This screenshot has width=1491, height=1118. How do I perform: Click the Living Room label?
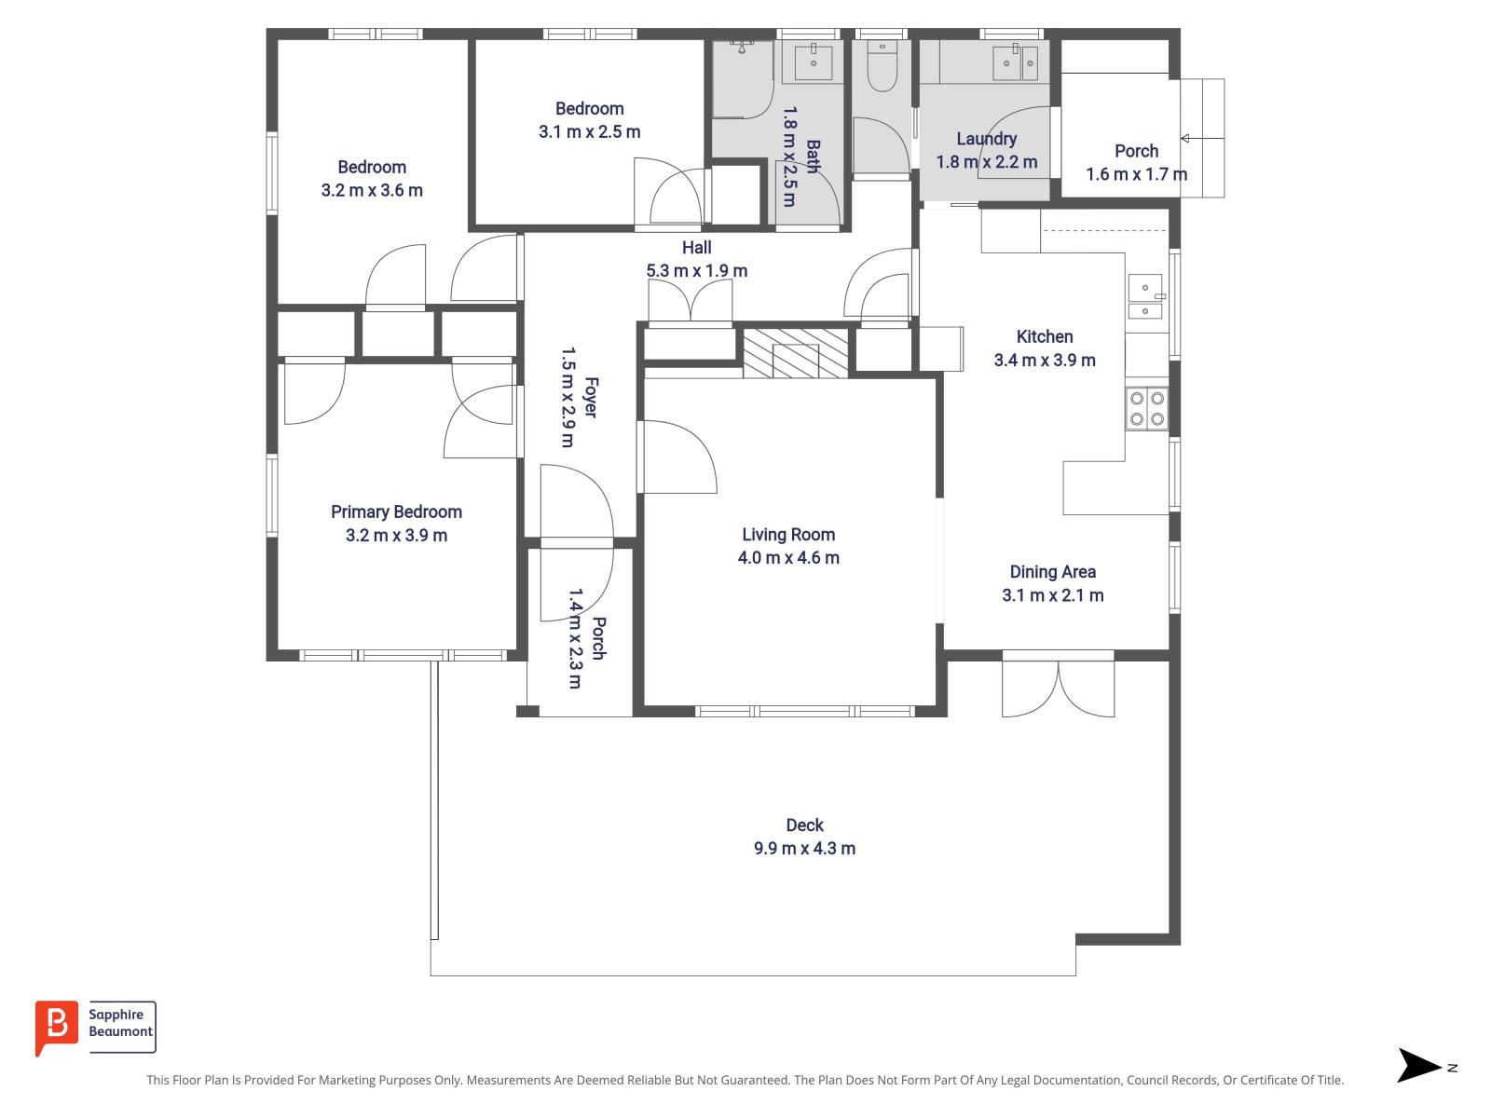click(788, 535)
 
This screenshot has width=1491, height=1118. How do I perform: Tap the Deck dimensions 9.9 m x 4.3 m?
click(804, 849)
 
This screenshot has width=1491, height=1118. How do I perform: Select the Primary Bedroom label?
click(396, 511)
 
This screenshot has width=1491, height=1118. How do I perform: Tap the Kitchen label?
click(1044, 336)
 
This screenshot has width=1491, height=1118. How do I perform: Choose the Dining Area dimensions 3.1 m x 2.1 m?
click(1052, 595)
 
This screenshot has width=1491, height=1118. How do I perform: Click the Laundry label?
click(986, 139)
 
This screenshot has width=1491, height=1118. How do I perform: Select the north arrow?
click(1419, 1066)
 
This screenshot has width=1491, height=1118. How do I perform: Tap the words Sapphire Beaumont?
click(120, 1024)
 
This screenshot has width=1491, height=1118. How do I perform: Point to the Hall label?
click(696, 247)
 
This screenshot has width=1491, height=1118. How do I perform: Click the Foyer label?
click(591, 397)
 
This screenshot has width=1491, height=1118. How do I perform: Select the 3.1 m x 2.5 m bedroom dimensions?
click(589, 132)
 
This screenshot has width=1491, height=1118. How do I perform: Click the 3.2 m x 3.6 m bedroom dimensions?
click(372, 191)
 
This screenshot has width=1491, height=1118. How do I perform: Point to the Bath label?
click(813, 157)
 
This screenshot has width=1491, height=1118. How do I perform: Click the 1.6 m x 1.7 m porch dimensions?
click(1136, 174)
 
